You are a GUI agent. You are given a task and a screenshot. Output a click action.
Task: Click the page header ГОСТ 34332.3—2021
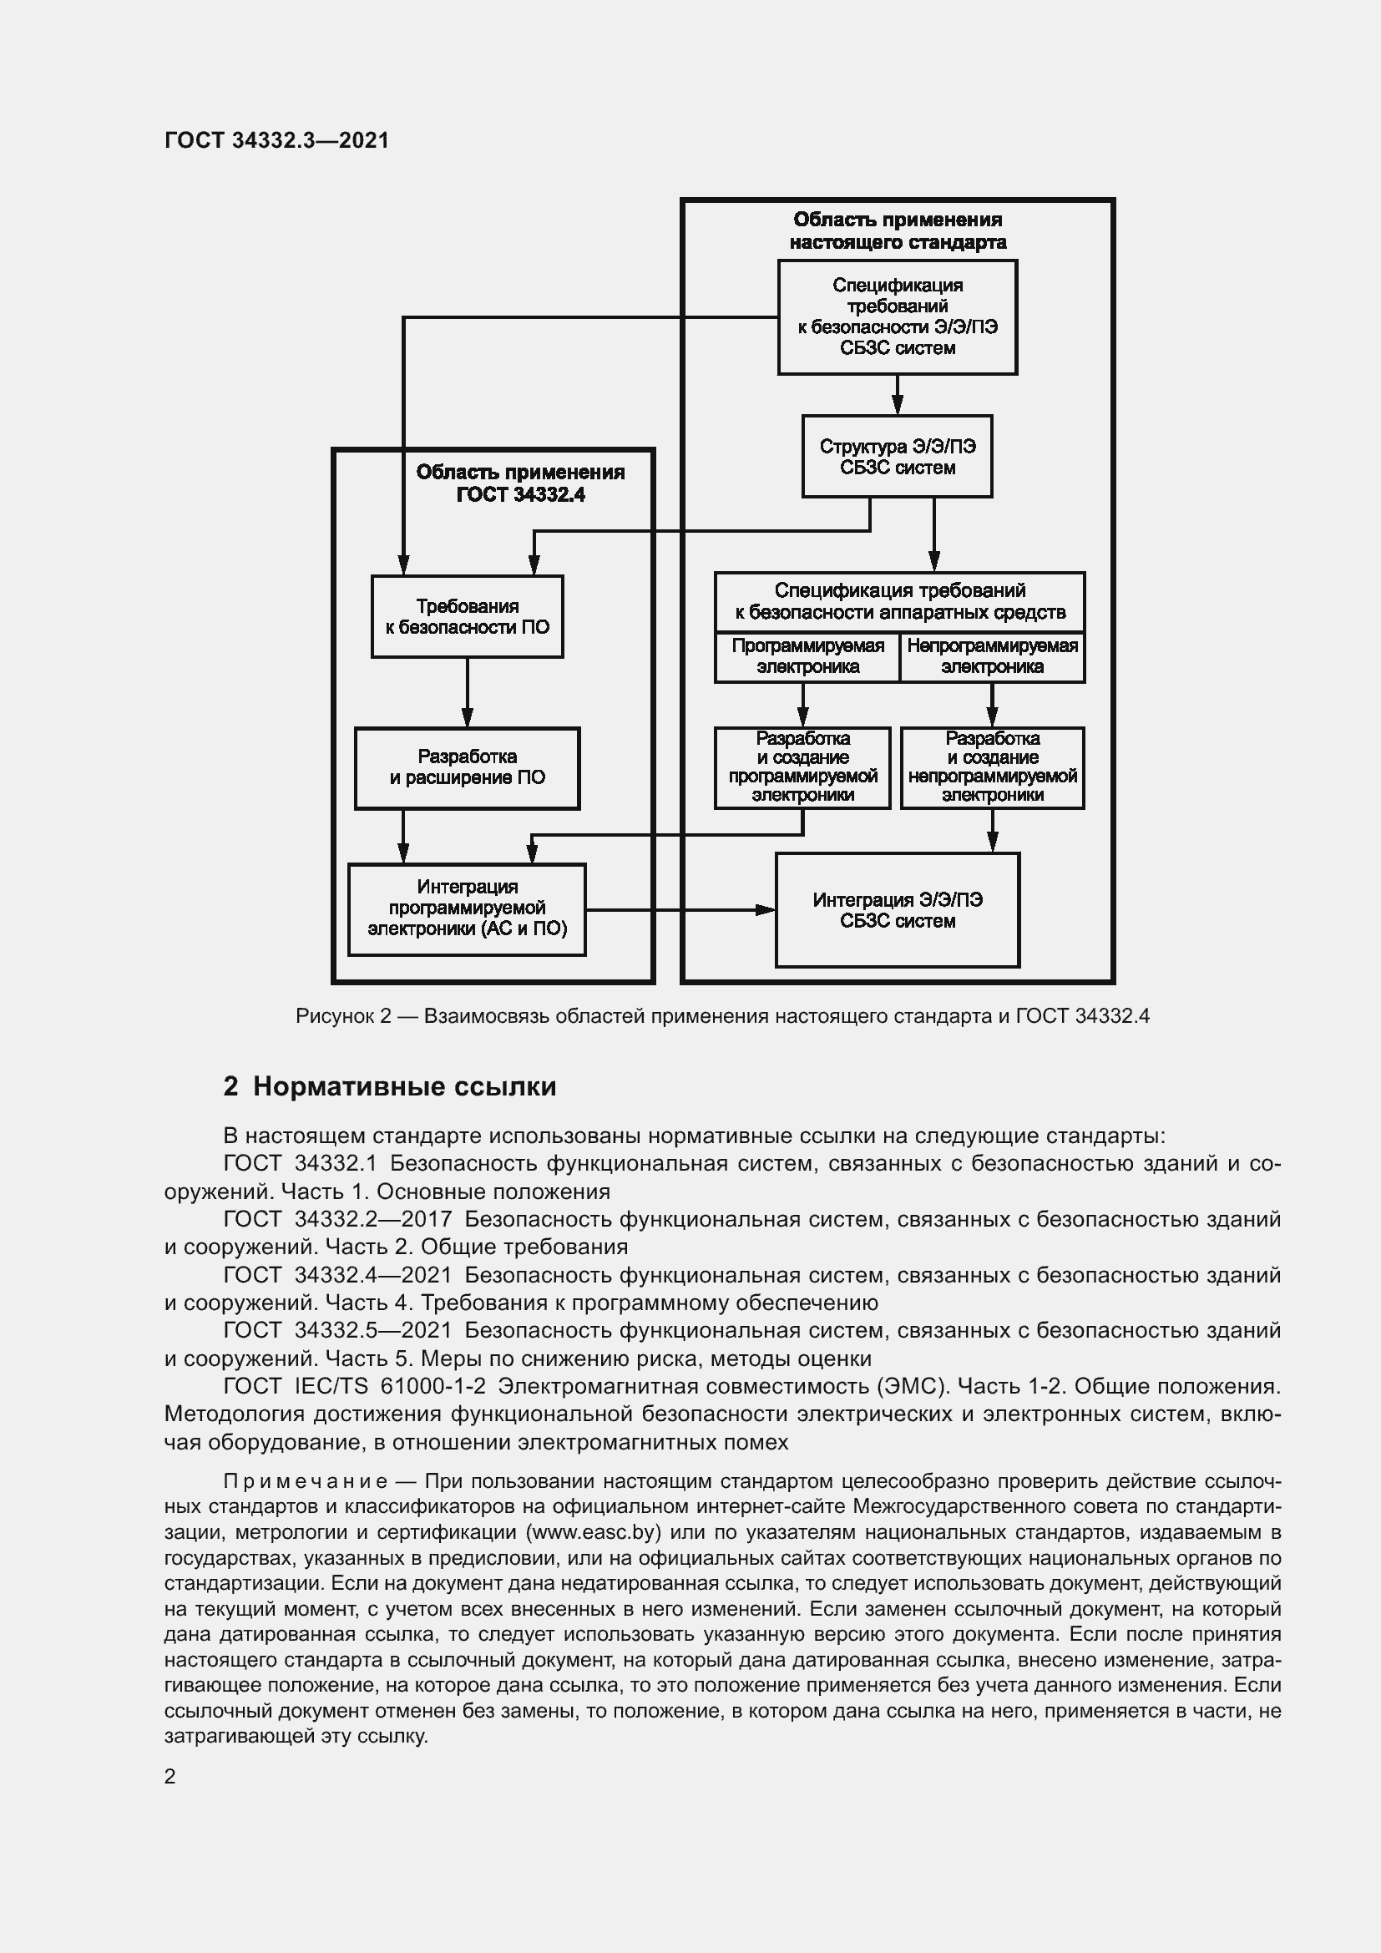[x=276, y=140]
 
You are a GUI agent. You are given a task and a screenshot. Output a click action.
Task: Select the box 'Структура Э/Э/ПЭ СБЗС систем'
[x=896, y=457]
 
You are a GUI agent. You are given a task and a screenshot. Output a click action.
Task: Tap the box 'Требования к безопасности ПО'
[x=467, y=617]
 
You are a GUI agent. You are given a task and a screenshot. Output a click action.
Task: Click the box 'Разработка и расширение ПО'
[x=467, y=767]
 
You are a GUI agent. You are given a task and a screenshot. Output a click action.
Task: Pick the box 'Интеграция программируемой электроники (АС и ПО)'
[x=467, y=908]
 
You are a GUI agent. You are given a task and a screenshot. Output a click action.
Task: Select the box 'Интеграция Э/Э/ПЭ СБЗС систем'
[x=897, y=910]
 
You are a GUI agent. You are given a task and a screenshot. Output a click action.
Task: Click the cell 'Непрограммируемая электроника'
[x=992, y=656]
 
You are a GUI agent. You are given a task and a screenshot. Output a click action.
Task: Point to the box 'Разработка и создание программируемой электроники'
[x=802, y=767]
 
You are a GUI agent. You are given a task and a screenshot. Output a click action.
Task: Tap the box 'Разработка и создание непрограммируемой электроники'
[x=992, y=767]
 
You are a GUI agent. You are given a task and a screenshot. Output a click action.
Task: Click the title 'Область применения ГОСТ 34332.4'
[x=519, y=483]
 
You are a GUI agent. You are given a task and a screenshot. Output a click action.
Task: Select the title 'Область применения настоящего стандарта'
[x=897, y=230]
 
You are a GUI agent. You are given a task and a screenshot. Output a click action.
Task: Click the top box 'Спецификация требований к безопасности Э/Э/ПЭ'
[x=897, y=316]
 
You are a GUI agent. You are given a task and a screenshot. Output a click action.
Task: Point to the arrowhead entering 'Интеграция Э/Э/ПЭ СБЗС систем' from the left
[x=766, y=909]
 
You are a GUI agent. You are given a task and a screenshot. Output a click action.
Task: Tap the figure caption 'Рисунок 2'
[x=342, y=1015]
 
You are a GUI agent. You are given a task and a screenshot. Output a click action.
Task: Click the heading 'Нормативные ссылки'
[x=404, y=1086]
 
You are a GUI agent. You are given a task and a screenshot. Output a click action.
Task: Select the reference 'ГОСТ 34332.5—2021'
[x=336, y=1329]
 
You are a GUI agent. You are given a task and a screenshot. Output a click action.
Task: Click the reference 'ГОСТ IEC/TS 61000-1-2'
[x=354, y=1386]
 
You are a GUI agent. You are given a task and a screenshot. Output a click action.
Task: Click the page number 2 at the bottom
[x=170, y=1776]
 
